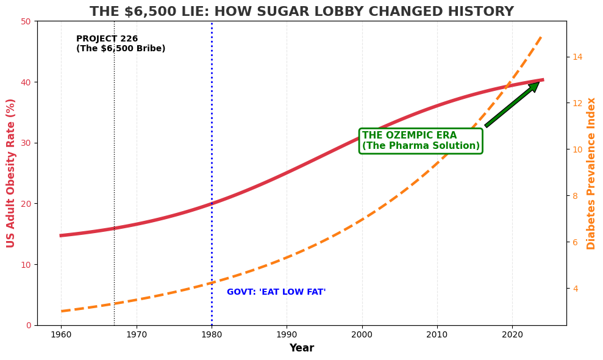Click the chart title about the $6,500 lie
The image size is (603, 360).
click(x=301, y=12)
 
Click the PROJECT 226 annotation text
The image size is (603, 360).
click(x=120, y=44)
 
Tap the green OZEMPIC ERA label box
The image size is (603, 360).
click(x=421, y=141)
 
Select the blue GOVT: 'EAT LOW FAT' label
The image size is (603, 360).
click(x=276, y=292)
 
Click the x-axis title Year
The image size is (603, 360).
click(x=301, y=348)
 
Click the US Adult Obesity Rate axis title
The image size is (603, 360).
click(x=11, y=173)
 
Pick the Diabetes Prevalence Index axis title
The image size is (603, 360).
click(x=591, y=173)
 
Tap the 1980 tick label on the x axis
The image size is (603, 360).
click(x=212, y=334)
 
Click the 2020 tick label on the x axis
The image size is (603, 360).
click(x=512, y=334)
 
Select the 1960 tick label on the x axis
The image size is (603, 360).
click(x=61, y=334)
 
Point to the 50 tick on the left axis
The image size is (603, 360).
click(x=27, y=21)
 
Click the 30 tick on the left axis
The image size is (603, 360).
click(x=27, y=143)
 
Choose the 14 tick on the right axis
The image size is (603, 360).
click(x=577, y=57)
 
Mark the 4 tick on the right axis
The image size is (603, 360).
click(x=577, y=289)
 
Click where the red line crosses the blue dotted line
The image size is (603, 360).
click(x=212, y=204)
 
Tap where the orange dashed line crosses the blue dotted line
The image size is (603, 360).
click(x=212, y=283)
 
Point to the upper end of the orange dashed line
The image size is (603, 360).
click(x=542, y=35)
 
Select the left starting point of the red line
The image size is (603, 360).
click(x=61, y=236)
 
